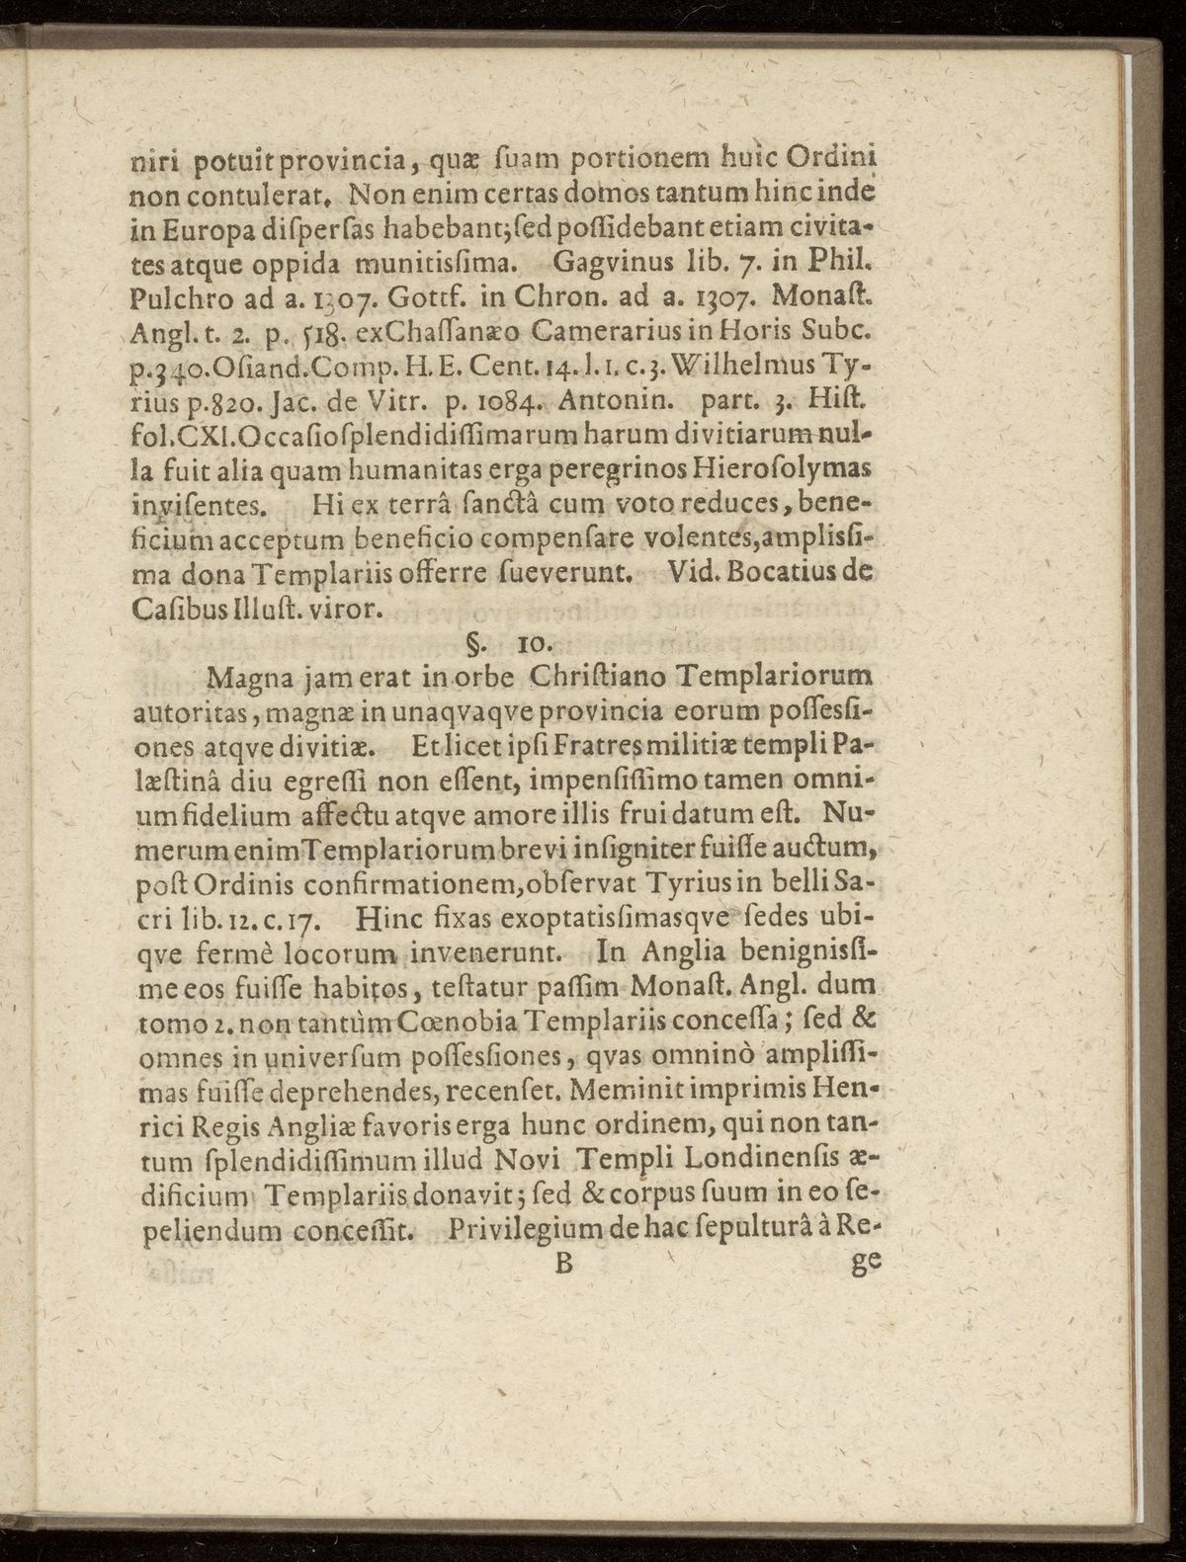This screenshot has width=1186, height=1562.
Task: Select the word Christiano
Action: [596, 679]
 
